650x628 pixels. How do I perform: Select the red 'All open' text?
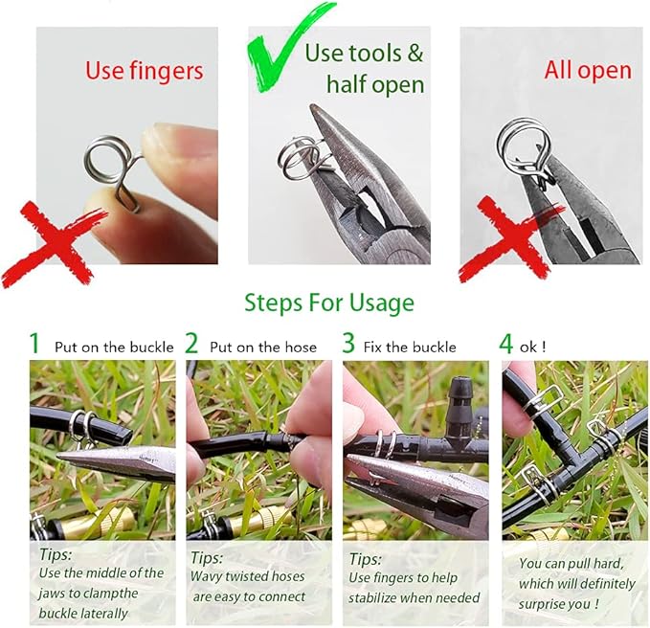click(x=588, y=70)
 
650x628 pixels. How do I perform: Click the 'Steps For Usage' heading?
click(x=329, y=303)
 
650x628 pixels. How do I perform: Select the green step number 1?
click(x=35, y=344)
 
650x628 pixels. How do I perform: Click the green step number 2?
click(x=191, y=344)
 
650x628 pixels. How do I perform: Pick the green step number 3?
click(x=348, y=344)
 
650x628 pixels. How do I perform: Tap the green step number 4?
click(x=506, y=344)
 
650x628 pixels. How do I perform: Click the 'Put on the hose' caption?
click(x=262, y=347)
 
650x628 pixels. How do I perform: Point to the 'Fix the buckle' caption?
click(x=413, y=347)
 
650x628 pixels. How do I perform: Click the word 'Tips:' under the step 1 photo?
click(x=56, y=553)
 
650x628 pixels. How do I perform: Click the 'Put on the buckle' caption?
click(x=114, y=347)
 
